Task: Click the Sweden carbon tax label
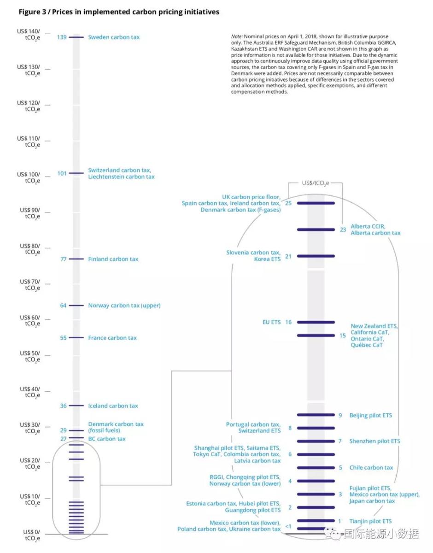[114, 37]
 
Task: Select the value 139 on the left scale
[62, 37]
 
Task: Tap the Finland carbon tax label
[113, 259]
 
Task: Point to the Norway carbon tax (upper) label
[124, 306]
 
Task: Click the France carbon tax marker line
[76, 338]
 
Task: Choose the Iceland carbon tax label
[113, 406]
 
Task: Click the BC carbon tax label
[107, 439]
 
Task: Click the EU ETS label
[271, 322]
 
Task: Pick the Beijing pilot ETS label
[371, 415]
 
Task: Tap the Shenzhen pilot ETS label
[375, 441]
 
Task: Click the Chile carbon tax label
[371, 468]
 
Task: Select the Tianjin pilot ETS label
[370, 521]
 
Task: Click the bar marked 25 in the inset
[316, 203]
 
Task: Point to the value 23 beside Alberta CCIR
[343, 229]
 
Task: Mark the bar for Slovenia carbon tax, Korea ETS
[316, 256]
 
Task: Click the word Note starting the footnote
[237, 36]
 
